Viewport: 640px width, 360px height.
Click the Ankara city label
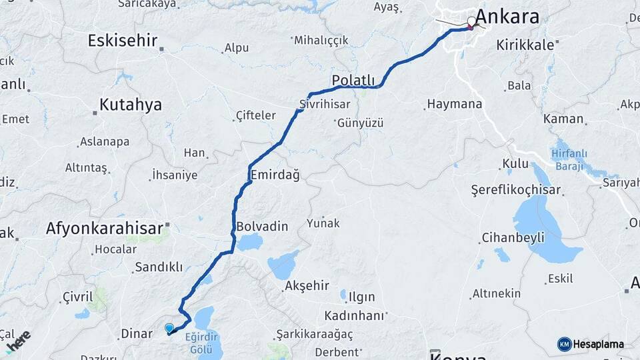pyautogui.click(x=508, y=17)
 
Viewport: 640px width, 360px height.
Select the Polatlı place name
pyautogui.click(x=353, y=81)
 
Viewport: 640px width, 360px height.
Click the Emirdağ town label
pyautogui.click(x=275, y=175)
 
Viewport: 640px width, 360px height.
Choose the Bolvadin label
pyautogui.click(x=262, y=227)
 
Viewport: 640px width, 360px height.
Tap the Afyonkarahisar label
pyautogui.click(x=104, y=229)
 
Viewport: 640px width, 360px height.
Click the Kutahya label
pyautogui.click(x=131, y=105)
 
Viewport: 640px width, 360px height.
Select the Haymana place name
pyautogui.click(x=454, y=105)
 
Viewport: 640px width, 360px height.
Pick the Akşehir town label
pyautogui.click(x=307, y=286)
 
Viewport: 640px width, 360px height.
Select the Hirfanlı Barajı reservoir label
pyautogui.click(x=569, y=158)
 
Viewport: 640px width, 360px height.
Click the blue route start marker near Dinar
pyautogui.click(x=169, y=328)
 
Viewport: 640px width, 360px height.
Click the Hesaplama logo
pyautogui.click(x=591, y=344)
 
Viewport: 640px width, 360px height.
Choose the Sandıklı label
pyautogui.click(x=159, y=267)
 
